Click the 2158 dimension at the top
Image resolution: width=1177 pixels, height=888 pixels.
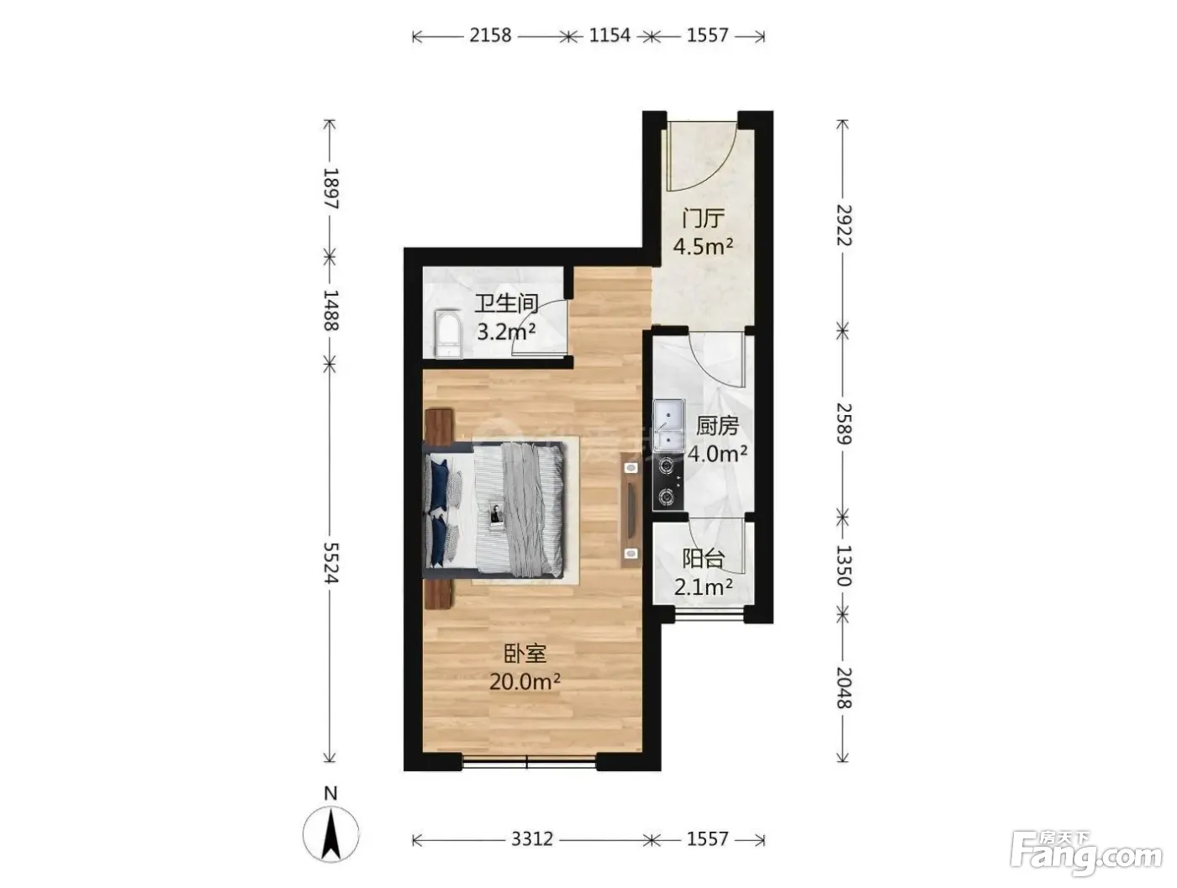tap(490, 35)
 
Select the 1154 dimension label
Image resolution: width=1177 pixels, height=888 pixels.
tap(610, 35)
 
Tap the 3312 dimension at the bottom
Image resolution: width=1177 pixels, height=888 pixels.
tap(531, 838)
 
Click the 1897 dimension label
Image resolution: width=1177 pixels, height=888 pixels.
tap(331, 188)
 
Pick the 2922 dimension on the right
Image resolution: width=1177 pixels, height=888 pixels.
tap(843, 225)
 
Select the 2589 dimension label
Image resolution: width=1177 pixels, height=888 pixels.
tap(843, 423)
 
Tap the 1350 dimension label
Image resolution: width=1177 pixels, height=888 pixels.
tap(843, 565)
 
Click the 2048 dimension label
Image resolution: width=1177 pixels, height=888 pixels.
tap(843, 688)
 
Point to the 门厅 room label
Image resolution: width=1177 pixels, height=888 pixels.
tap(703, 218)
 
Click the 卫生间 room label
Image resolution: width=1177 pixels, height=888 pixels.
tap(506, 303)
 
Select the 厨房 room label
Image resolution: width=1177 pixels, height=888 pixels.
tap(717, 426)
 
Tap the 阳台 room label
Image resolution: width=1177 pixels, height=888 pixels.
tap(703, 560)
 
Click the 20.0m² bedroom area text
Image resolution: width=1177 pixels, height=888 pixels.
tap(525, 682)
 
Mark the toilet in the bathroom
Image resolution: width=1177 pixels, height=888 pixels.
tap(448, 334)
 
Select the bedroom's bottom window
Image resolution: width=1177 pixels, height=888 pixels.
tap(529, 761)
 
